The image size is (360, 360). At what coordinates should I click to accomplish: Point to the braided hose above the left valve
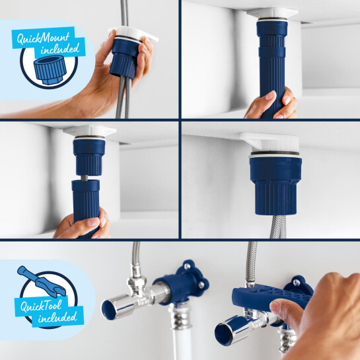pos(136,261)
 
